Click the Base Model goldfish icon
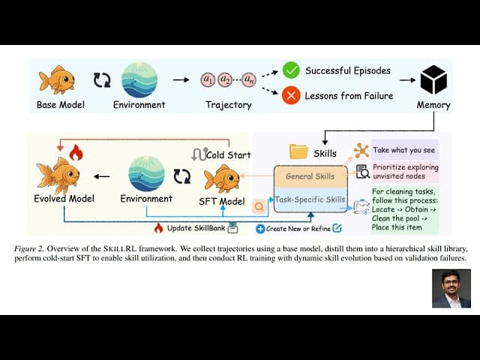point(57,79)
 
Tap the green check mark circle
point(291,70)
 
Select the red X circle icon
point(291,95)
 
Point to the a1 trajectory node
point(208,79)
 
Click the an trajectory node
point(248,79)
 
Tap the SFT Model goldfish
point(222,178)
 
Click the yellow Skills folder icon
point(299,151)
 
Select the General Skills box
point(310,176)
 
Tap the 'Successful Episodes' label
point(347,70)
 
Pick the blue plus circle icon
point(260,228)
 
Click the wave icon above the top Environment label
point(139,79)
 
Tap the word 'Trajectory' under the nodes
point(228,105)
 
